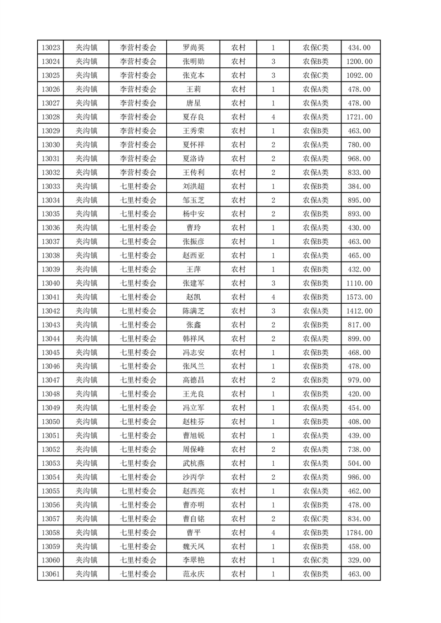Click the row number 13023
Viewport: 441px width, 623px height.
51,48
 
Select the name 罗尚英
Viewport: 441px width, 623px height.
193,48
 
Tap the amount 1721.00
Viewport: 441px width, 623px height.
359,117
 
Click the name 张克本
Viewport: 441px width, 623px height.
193,76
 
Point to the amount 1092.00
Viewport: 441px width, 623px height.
359,76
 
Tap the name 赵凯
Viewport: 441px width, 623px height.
193,297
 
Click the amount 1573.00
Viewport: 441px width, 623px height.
359,297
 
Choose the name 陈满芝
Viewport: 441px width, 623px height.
193,311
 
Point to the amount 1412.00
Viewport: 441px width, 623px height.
359,311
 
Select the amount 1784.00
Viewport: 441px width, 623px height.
359,532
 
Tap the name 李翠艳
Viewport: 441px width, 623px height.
193,560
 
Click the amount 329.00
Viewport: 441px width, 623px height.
359,560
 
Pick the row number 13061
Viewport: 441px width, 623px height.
51,574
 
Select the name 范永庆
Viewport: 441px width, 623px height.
193,574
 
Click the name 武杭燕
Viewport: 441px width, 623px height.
193,463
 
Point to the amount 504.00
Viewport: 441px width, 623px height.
359,463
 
